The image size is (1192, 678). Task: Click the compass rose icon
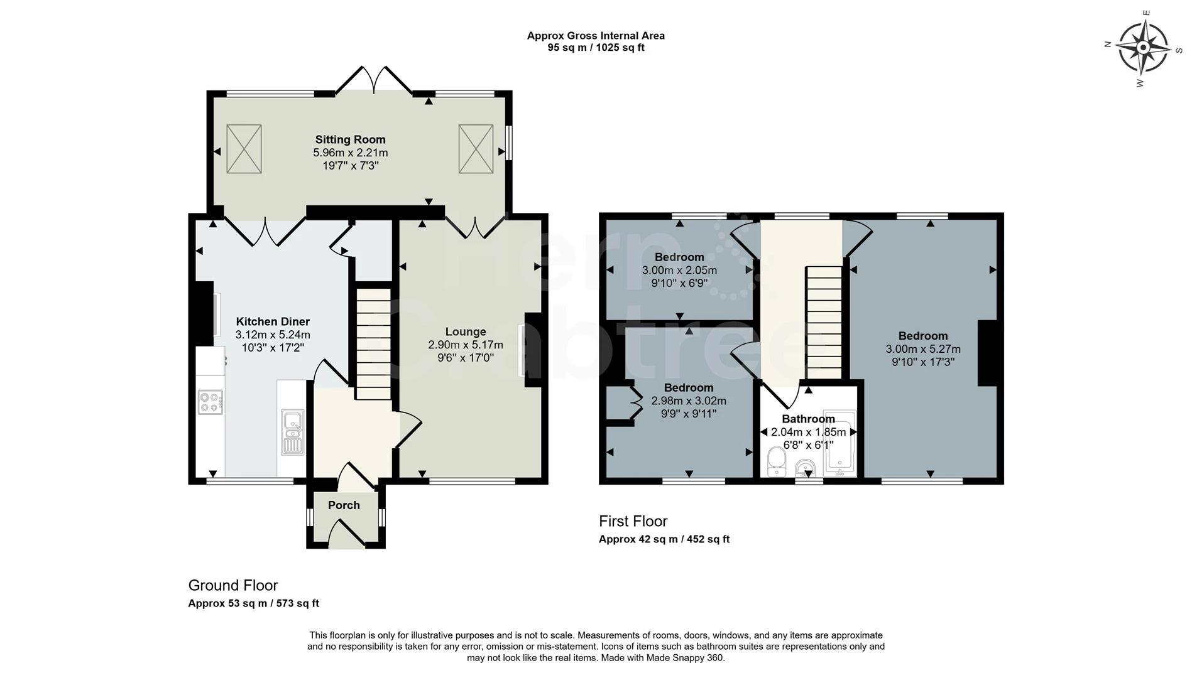point(1143,48)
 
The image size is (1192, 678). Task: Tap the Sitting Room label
point(350,140)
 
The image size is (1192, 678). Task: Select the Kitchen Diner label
point(273,322)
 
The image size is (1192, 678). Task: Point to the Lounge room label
point(466,332)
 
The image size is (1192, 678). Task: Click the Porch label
point(344,505)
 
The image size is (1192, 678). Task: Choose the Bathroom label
point(808,419)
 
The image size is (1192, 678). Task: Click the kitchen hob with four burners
point(211,402)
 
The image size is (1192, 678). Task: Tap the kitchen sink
point(293,432)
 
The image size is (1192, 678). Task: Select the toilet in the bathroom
point(777,462)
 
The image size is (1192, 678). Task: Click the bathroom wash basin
point(806,468)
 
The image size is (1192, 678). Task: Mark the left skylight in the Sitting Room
point(244,149)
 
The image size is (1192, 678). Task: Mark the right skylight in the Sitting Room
point(476,149)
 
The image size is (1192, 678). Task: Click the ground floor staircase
point(374,344)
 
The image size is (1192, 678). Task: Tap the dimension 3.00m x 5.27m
point(923,349)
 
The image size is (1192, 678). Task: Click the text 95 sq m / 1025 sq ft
point(596,48)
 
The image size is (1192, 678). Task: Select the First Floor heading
point(633,521)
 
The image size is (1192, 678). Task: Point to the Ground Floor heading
point(233,586)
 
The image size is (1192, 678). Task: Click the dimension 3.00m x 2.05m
point(679,271)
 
